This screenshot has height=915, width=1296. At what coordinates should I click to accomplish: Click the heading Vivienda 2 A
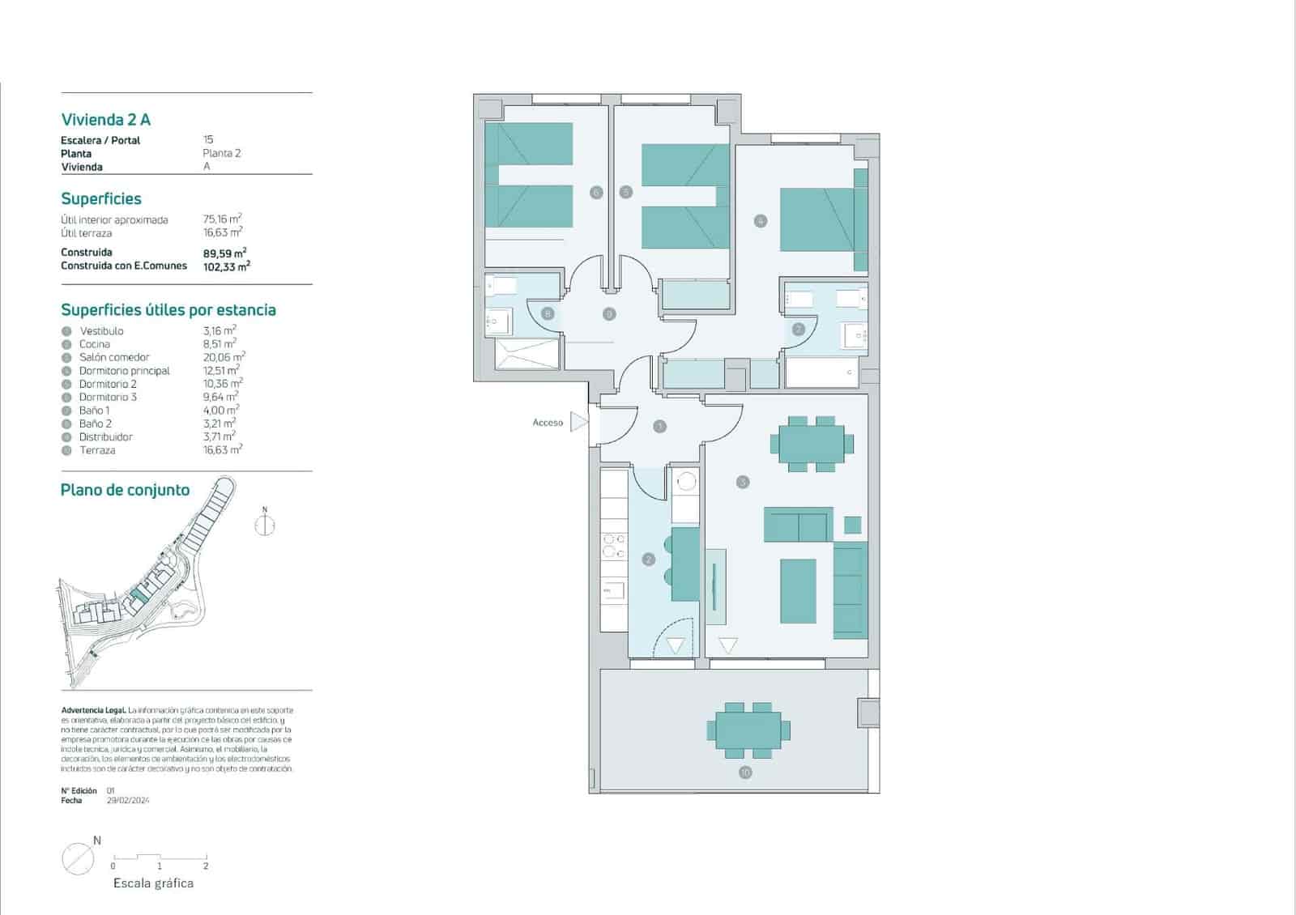(x=106, y=120)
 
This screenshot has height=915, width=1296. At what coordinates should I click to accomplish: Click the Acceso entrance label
(x=548, y=423)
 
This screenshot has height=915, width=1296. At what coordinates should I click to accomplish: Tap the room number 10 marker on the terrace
(x=745, y=772)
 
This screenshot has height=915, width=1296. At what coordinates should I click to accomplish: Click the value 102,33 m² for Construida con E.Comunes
(x=226, y=266)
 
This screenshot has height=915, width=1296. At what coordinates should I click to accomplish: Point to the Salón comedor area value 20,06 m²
(x=224, y=357)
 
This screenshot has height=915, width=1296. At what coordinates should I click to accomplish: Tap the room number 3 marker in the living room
(x=743, y=482)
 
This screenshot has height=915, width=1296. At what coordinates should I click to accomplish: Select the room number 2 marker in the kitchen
(x=648, y=559)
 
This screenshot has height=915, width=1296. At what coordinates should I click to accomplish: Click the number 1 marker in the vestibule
(x=659, y=426)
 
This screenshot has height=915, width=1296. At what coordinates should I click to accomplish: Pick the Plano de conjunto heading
(x=125, y=490)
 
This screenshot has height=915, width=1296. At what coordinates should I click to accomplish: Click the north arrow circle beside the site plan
(x=265, y=526)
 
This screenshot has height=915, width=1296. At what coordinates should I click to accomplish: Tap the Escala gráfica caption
(x=153, y=883)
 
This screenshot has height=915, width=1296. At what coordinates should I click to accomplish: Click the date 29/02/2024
(x=128, y=800)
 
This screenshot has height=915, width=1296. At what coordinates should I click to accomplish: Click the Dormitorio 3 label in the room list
(x=108, y=397)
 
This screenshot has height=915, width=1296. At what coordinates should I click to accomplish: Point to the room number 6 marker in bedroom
(x=596, y=193)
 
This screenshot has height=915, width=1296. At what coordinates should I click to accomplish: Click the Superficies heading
(x=101, y=199)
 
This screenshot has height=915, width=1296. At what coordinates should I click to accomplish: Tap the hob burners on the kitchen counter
(x=613, y=546)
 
